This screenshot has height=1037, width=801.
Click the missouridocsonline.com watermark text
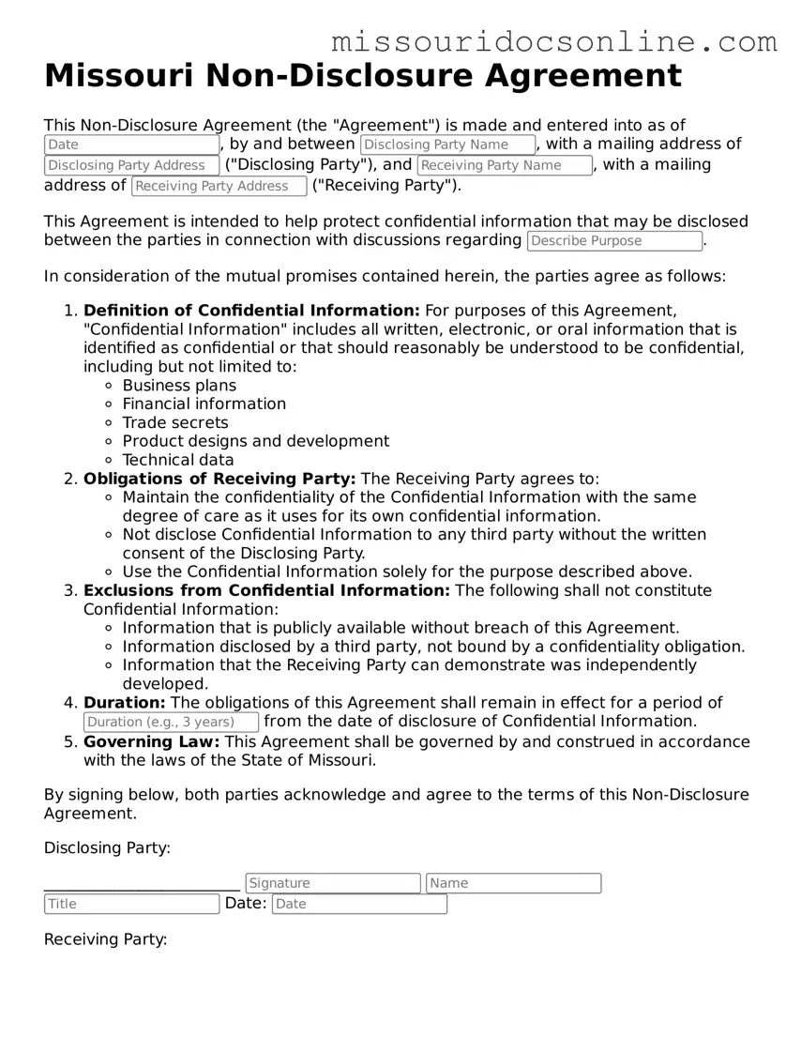tap(554, 41)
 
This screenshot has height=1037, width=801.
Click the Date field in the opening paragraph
tap(131, 145)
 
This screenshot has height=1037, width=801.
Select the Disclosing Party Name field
tap(447, 145)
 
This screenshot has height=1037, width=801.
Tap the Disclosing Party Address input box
tap(131, 165)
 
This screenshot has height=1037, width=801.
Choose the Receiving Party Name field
tap(505, 165)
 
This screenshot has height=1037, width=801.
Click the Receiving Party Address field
tap(219, 186)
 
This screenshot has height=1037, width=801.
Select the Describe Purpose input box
tap(614, 241)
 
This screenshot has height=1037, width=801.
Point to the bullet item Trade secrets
tap(175, 422)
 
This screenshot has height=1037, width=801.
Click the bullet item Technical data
tap(178, 460)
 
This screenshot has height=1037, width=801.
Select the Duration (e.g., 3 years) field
tap(171, 722)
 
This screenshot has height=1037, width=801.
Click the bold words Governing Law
tap(152, 741)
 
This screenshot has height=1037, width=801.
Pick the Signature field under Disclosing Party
tap(333, 883)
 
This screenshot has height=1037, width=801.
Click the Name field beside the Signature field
tap(513, 883)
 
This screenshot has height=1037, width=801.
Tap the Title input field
tap(131, 904)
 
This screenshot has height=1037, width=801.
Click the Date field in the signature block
tap(359, 904)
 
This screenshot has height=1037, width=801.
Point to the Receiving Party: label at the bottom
tap(105, 939)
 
